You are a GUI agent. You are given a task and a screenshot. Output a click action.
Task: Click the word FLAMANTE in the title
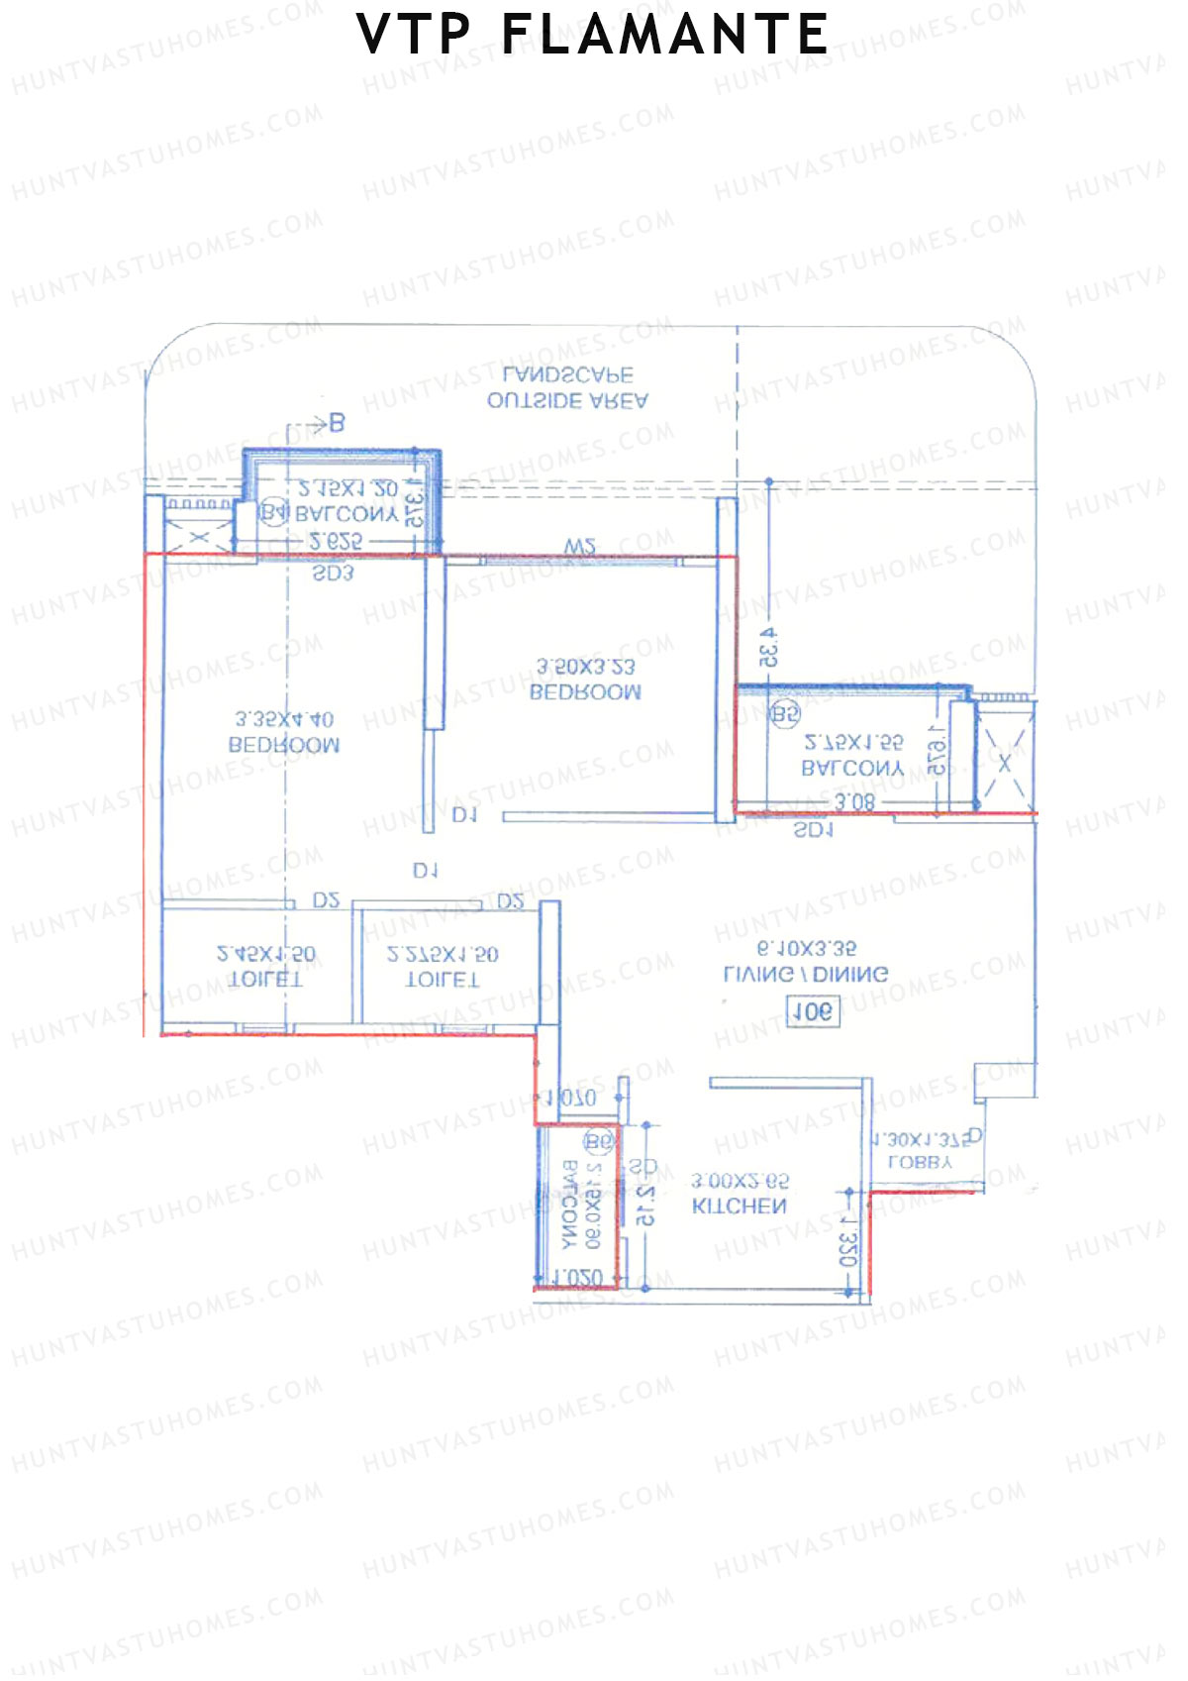point(664,36)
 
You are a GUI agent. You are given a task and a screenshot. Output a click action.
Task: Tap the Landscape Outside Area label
point(567,388)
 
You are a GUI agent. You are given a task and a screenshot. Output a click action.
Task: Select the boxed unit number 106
point(812,1011)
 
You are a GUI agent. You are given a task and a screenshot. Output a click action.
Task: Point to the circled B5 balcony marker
point(785,713)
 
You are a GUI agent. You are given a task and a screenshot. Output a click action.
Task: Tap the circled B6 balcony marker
point(599,1142)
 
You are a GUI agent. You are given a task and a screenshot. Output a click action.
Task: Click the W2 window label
point(579,547)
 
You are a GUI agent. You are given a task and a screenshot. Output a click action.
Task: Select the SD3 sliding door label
point(333,573)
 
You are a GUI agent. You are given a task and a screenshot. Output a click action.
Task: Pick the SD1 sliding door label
point(814,830)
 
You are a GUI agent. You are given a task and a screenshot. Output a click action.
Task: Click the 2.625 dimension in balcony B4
point(336,542)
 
